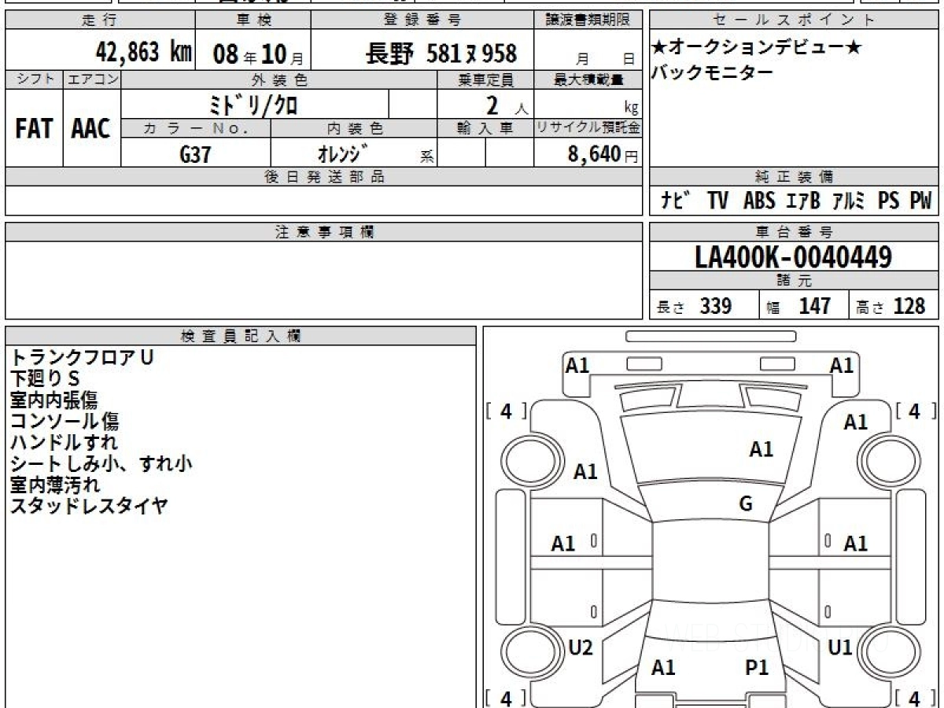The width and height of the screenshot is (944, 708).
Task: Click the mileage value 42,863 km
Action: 144,53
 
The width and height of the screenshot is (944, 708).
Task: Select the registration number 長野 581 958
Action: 441,53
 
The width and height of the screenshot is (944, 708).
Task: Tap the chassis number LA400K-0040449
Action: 794,257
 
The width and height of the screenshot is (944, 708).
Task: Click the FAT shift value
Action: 34,128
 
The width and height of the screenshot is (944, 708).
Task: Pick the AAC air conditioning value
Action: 90,128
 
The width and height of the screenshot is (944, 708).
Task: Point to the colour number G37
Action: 195,154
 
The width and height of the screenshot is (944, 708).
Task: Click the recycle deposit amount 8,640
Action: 595,154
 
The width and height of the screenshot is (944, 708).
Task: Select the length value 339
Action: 716,306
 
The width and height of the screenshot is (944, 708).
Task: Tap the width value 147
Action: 814,306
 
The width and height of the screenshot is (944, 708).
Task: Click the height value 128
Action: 909,306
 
